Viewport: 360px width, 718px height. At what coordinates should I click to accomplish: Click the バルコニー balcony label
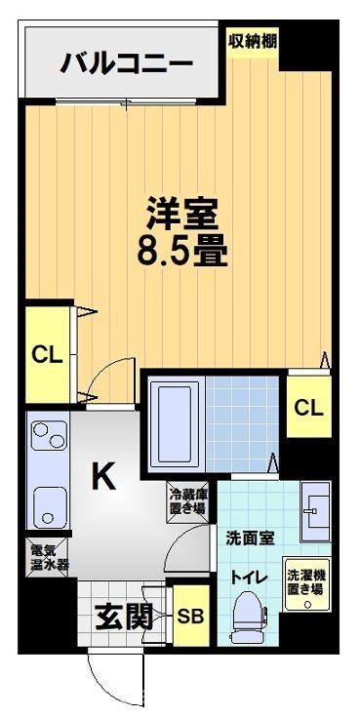127,65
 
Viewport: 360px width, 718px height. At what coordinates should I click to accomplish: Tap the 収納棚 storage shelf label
251,41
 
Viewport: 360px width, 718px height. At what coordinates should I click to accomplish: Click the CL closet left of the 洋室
47,354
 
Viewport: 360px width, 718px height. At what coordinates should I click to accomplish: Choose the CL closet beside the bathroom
307,407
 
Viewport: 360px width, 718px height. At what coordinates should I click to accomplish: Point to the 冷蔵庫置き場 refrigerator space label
185,500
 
